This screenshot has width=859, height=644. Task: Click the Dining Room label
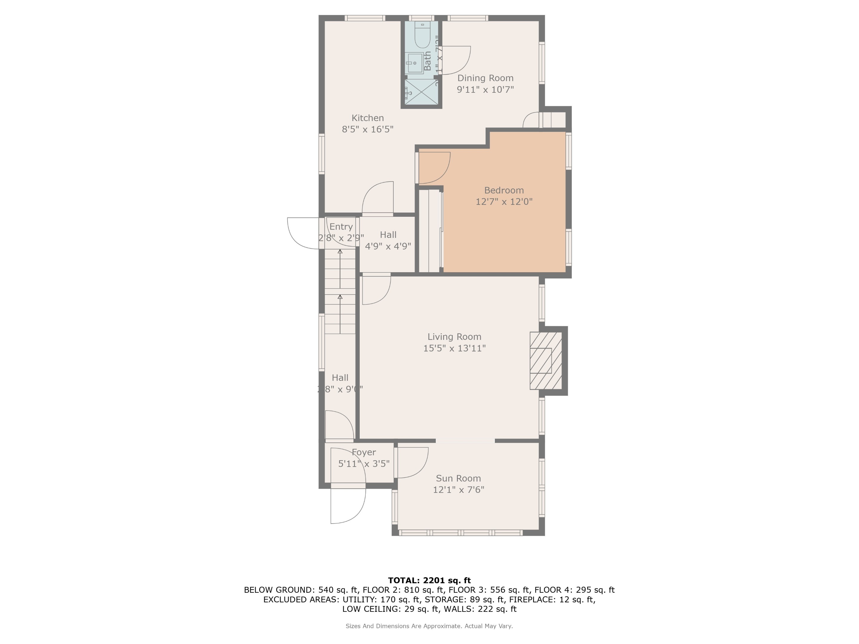pos(485,78)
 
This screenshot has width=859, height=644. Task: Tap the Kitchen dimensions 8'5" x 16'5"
pos(367,129)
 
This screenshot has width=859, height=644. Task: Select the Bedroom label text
pos(504,190)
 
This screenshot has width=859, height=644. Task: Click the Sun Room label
pos(458,478)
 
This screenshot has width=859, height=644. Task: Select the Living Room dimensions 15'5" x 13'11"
pos(454,348)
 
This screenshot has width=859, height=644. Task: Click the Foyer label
pos(364,452)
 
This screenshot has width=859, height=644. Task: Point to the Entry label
pos(341,227)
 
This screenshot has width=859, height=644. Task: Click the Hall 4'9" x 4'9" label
pos(388,240)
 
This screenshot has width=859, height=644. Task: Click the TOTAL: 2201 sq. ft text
pos(429,580)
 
